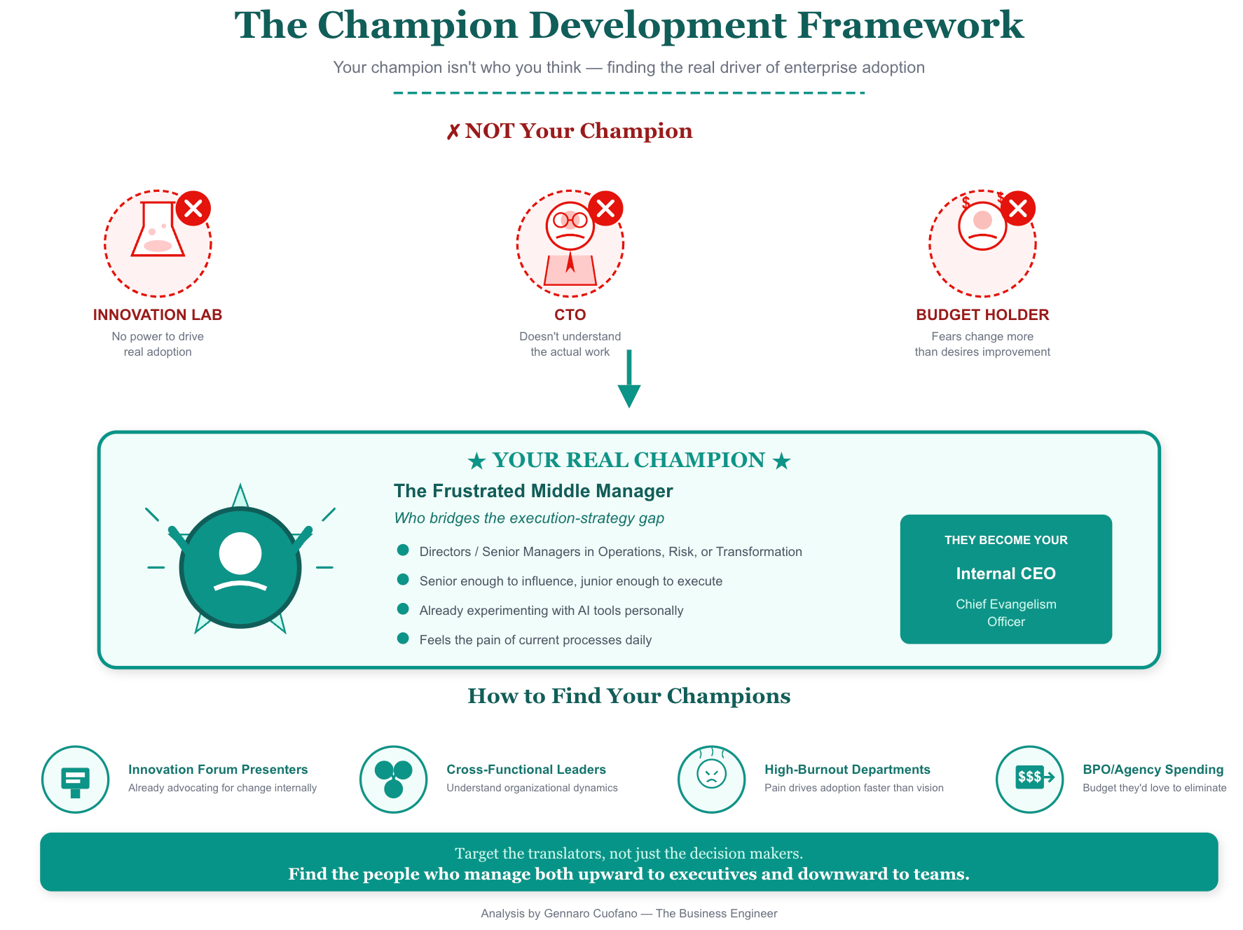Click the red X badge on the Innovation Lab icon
coord(193,208)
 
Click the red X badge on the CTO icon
coord(606,208)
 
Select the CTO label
coord(570,315)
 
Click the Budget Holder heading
coord(982,315)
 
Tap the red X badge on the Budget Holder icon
coord(1018,208)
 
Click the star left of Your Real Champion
coord(477,461)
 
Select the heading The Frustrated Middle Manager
coord(533,491)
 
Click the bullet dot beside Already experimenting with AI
coord(403,609)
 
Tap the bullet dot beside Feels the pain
coord(403,639)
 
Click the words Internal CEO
coord(1005,574)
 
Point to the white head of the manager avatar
coord(240,553)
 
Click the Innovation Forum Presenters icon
coord(76,779)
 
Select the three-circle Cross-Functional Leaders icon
coord(394,779)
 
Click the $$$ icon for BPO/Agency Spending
coord(1030,777)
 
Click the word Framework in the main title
coord(910,26)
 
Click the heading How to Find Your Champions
coord(629,696)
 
